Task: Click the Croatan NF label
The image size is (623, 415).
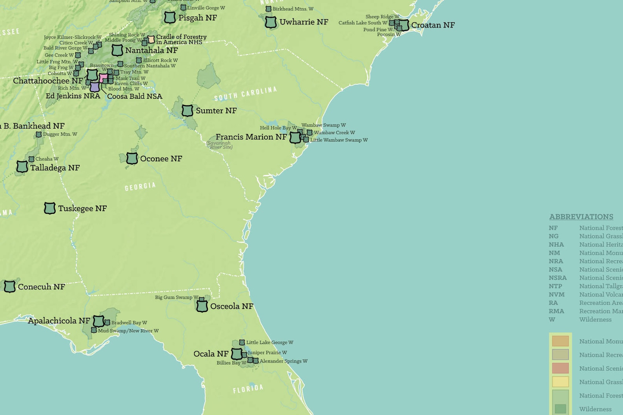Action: (433, 25)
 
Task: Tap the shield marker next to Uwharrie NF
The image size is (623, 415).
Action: (271, 22)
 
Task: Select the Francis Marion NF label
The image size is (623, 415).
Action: (251, 137)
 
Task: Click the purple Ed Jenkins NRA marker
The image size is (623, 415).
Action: (95, 87)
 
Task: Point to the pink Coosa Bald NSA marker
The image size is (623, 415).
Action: (103, 78)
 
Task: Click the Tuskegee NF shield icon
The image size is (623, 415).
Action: (50, 208)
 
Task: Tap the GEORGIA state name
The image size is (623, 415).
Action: (140, 187)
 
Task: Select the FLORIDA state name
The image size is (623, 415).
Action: (248, 389)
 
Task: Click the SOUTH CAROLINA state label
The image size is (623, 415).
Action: (246, 94)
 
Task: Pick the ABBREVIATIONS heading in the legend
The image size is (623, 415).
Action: (581, 217)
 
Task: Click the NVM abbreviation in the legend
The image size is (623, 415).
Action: (556, 294)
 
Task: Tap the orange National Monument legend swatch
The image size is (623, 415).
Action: (560, 341)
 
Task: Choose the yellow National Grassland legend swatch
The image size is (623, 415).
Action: (560, 382)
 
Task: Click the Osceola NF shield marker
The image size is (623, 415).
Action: (202, 306)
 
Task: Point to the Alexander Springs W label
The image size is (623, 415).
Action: (283, 361)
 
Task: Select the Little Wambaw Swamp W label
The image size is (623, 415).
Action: (339, 140)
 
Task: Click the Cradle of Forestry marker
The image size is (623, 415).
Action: (151, 39)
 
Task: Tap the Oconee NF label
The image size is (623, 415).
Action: (161, 159)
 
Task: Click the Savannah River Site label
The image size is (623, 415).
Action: (220, 145)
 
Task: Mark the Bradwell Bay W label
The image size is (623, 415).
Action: (129, 323)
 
